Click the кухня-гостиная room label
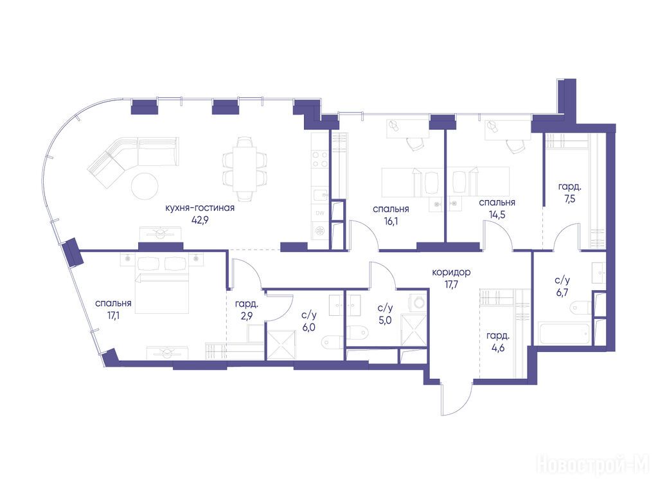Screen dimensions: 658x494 coord(200,208)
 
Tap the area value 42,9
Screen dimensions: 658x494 coord(200,220)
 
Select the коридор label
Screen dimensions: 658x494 coord(451,272)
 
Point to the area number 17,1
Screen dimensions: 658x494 coord(113,315)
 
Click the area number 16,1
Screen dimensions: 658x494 coord(391,221)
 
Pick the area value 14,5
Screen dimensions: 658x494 coord(497,214)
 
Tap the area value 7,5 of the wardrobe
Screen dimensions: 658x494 coord(569,199)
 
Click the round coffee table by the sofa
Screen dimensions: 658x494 coord(145,186)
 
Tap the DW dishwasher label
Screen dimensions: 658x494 coord(320,213)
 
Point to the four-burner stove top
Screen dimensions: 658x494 coord(320,160)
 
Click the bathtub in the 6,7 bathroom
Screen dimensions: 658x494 coord(564,333)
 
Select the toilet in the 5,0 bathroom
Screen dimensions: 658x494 coord(357,333)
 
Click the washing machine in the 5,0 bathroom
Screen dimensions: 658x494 coord(418,302)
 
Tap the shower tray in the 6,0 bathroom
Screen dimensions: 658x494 coord(281,345)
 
